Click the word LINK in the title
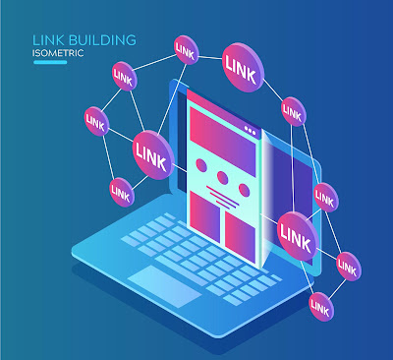[x=48, y=40]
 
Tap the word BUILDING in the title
[x=102, y=40]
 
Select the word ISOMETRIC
[x=58, y=53]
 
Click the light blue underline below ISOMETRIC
[x=50, y=62]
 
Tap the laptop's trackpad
[x=164, y=286]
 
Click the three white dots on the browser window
[x=251, y=131]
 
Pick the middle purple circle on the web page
[x=222, y=177]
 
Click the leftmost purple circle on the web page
[x=201, y=165]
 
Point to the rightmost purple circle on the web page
[x=244, y=190]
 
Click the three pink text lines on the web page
[x=223, y=197]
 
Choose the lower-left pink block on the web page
[x=204, y=212]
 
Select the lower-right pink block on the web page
[x=240, y=233]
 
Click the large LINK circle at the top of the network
[x=243, y=67]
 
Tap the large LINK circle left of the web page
[x=153, y=154]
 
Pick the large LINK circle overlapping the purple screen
[x=298, y=236]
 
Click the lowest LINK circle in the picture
[x=321, y=307]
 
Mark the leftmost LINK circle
[x=96, y=121]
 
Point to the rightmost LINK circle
[x=349, y=267]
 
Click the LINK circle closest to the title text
[x=125, y=76]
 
